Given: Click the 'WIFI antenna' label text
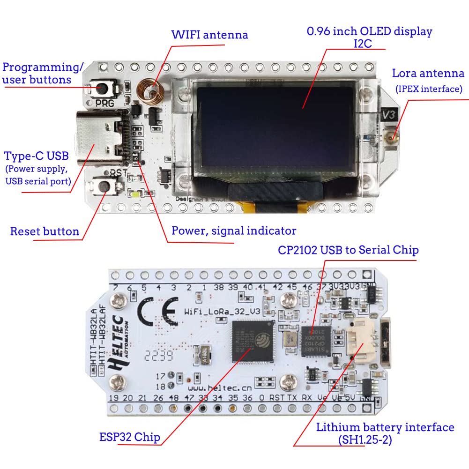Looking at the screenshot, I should [209, 35].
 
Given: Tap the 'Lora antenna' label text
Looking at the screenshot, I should [428, 74].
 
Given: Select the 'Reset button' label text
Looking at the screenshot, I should [45, 231].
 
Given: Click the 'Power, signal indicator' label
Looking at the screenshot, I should [233, 231].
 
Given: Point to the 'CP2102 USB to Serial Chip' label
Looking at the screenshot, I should [348, 250].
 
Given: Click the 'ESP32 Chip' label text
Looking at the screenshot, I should [129, 437].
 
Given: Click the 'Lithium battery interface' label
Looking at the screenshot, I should [385, 427].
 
